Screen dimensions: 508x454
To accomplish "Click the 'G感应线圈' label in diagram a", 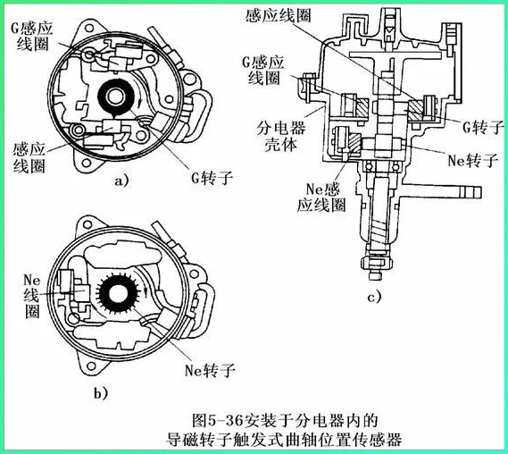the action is click(31, 36).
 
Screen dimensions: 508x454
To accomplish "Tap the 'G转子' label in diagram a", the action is click(212, 178).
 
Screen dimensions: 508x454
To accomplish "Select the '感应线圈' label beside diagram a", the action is click(29, 157).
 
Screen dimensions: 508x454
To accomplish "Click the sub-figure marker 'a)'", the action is click(121, 181).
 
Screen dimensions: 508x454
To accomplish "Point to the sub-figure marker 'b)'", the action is click(101, 393).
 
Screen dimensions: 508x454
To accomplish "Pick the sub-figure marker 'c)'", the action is click(374, 297).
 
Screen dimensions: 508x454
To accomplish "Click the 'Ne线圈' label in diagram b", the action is click(32, 296).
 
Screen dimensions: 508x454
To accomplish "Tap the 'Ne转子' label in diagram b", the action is click(210, 370).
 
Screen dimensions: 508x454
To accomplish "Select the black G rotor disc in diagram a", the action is click(116, 97).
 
